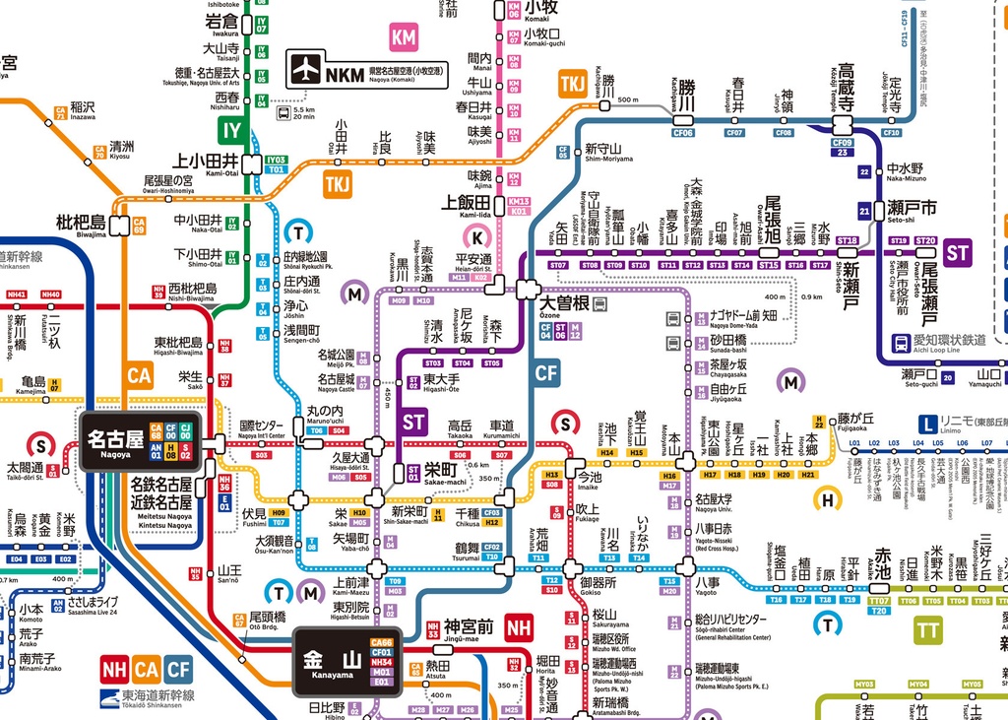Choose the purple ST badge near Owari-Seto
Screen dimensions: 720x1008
(958, 252)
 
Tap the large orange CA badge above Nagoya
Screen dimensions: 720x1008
(139, 376)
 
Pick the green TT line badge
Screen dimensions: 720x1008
(927, 629)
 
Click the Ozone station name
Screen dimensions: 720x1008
(563, 303)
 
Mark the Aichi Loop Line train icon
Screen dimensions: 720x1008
(901, 343)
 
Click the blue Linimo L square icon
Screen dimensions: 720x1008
(926, 424)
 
